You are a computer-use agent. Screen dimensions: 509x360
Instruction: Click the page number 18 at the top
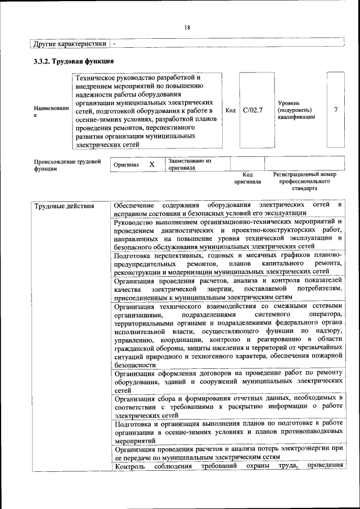(x=187, y=28)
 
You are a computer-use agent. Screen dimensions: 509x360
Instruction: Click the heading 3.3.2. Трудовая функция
(x=74, y=61)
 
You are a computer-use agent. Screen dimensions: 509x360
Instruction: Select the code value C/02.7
(x=253, y=110)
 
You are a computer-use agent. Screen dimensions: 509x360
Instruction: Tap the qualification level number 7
(x=335, y=110)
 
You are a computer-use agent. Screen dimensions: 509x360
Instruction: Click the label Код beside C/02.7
(x=230, y=110)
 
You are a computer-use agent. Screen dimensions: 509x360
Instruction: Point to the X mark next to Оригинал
(x=151, y=165)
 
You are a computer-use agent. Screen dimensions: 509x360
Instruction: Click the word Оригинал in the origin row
(x=126, y=165)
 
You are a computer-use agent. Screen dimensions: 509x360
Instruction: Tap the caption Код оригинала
(x=247, y=178)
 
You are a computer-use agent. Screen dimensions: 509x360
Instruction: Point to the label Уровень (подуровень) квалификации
(x=296, y=110)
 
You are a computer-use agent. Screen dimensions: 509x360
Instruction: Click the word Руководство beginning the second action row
(x=136, y=222)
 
